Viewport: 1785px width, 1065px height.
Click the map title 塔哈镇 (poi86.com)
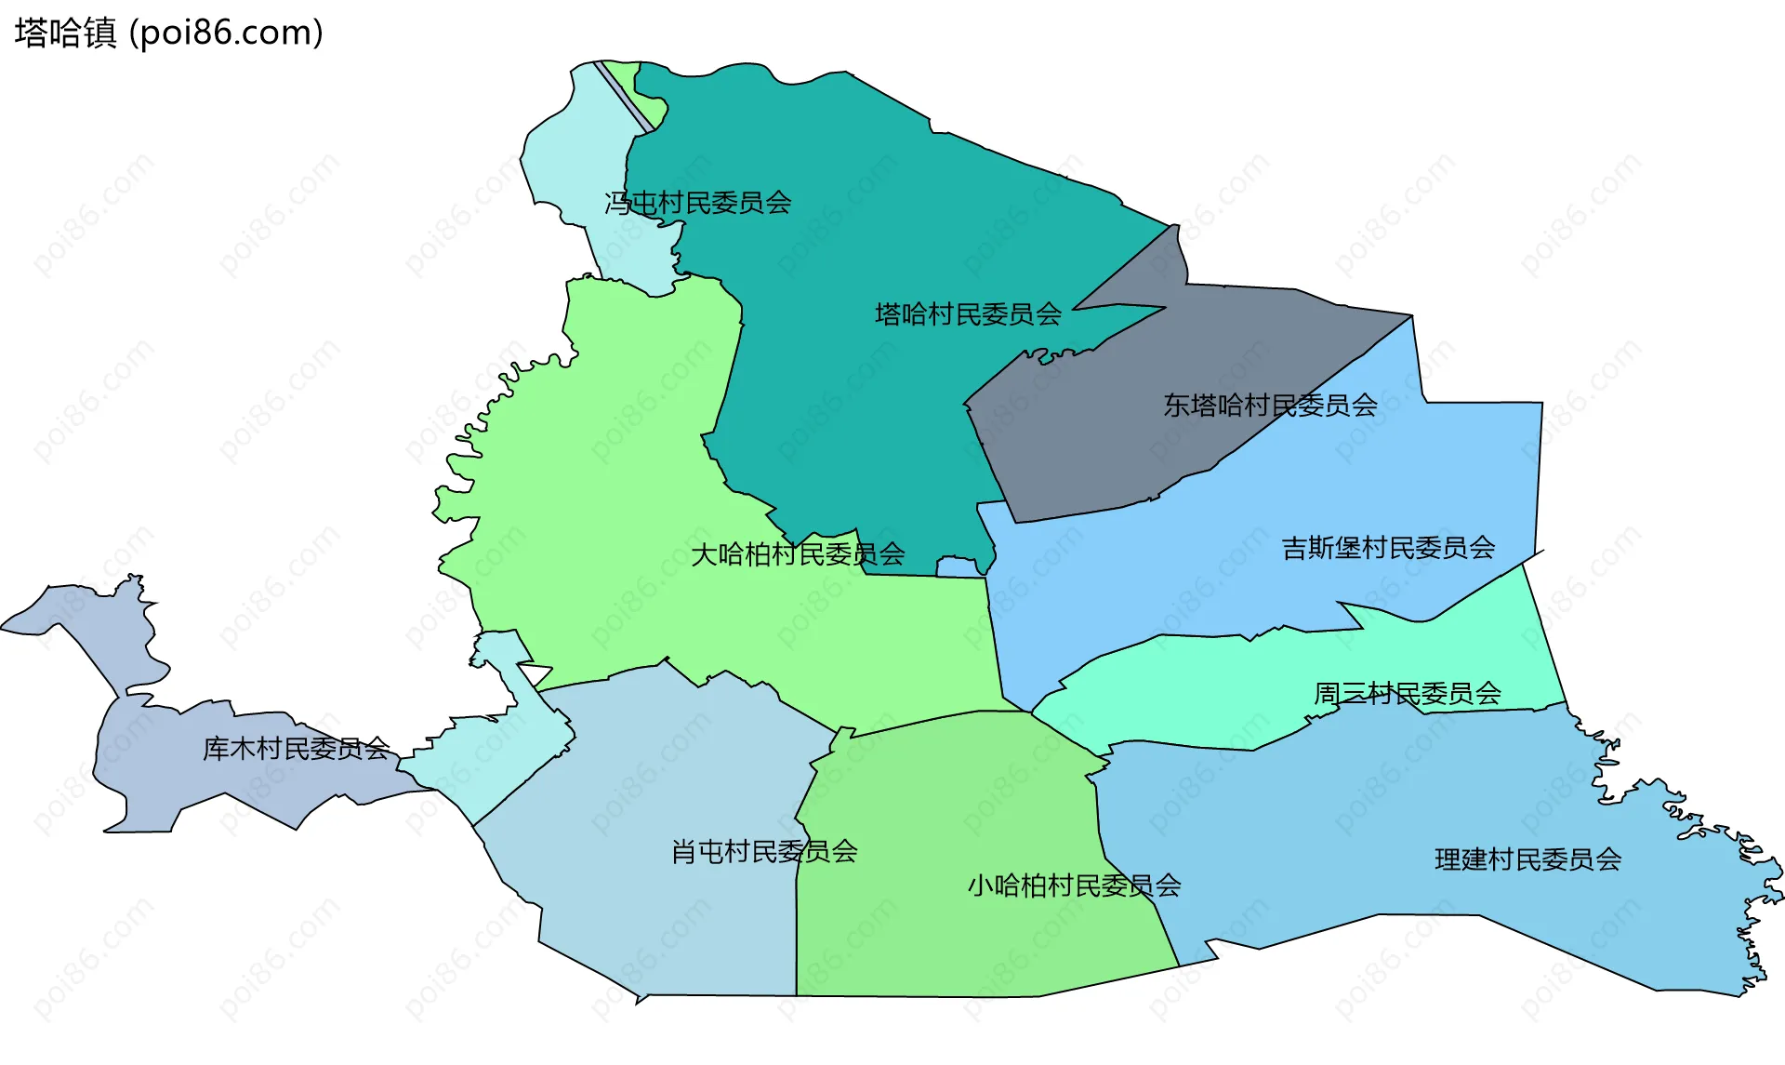[168, 33]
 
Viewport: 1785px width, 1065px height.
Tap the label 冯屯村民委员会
[697, 203]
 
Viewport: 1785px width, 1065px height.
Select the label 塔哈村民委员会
[968, 314]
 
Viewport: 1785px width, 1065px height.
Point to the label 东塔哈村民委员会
[1270, 406]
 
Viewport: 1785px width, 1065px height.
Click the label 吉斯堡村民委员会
[1388, 549]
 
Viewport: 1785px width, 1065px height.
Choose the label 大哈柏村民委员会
[798, 555]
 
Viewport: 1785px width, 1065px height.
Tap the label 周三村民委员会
[1407, 694]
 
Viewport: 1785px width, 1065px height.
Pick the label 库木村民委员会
[296, 749]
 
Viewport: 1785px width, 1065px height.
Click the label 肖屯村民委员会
[764, 852]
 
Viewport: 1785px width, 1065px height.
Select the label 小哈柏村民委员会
[1074, 885]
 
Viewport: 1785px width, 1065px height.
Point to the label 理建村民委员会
[1527, 859]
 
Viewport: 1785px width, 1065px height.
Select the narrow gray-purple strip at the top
[623, 96]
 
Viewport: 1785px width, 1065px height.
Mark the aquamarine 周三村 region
[1209, 688]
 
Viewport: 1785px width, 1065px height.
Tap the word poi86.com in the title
[227, 33]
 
